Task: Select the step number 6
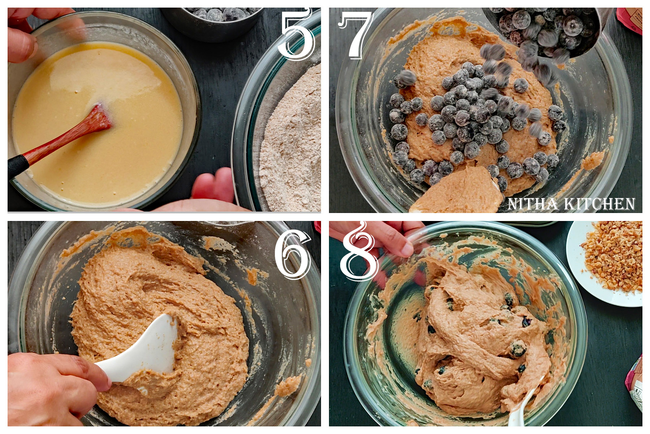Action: pyautogui.click(x=292, y=255)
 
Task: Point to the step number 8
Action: pyautogui.click(x=359, y=253)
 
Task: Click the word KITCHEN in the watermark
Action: pyautogui.click(x=604, y=204)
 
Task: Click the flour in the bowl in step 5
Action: pyautogui.click(x=292, y=145)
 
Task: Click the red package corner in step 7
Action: pyautogui.click(x=630, y=20)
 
